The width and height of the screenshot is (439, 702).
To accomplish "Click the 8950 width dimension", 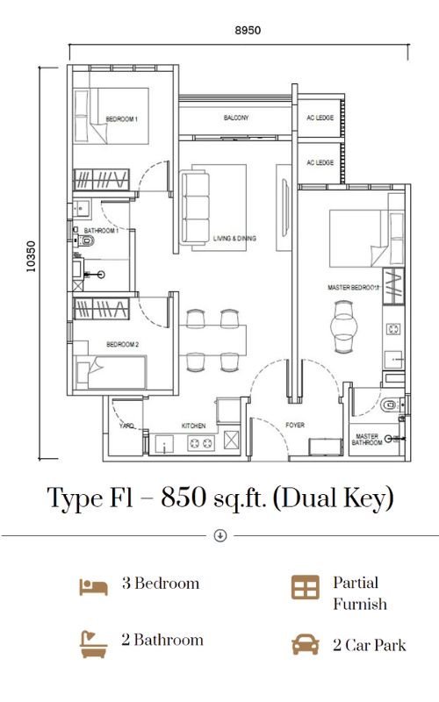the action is pyautogui.click(x=248, y=31).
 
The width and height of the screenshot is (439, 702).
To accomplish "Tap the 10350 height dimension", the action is pyautogui.click(x=31, y=257).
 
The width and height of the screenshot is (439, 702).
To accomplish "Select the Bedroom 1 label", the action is pyautogui.click(x=121, y=119).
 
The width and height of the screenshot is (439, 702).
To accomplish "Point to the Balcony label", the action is pyautogui.click(x=236, y=118).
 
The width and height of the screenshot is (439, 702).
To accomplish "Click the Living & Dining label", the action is pyautogui.click(x=234, y=238).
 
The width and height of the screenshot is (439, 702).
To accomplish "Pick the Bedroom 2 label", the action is pyautogui.click(x=122, y=344).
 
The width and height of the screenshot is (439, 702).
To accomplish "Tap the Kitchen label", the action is pyautogui.click(x=193, y=426).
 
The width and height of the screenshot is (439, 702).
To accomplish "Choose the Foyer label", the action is pyautogui.click(x=295, y=425).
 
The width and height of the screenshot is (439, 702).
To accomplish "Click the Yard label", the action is pyautogui.click(x=126, y=426).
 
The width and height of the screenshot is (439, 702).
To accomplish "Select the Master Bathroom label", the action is pyautogui.click(x=367, y=440).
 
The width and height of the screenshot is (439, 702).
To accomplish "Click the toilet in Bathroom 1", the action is pyautogui.click(x=86, y=242).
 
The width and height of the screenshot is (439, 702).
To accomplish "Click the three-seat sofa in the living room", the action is pyautogui.click(x=195, y=209).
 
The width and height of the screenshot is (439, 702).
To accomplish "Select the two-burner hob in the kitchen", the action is pyautogui.click(x=201, y=443).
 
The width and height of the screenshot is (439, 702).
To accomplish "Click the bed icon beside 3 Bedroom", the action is pyautogui.click(x=94, y=586).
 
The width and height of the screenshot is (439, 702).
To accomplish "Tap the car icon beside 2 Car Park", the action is pyautogui.click(x=306, y=645).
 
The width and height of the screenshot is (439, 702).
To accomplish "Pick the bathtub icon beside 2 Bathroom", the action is pyautogui.click(x=93, y=644).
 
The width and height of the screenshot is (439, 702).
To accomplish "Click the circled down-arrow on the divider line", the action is pyautogui.click(x=220, y=535).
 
